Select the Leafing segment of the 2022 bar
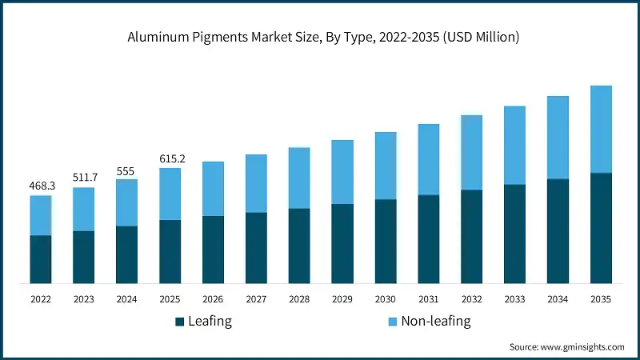coord(41,259)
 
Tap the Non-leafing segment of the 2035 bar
coord(601,129)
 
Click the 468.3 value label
coord(41,186)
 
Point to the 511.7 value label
coord(84,178)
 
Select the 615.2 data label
coord(170,158)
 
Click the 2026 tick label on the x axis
coord(214,298)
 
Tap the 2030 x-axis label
coord(386,298)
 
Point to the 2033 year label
coord(514,298)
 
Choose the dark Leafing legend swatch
coord(180,322)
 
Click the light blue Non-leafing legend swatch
coord(391,322)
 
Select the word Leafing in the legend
coord(210,322)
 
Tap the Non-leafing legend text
coord(436,322)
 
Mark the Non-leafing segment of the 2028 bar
coord(299,178)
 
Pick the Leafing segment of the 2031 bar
coord(429,239)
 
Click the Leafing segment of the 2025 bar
coord(170,251)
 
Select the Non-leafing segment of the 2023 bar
coord(84,210)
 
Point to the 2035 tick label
coord(601,298)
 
